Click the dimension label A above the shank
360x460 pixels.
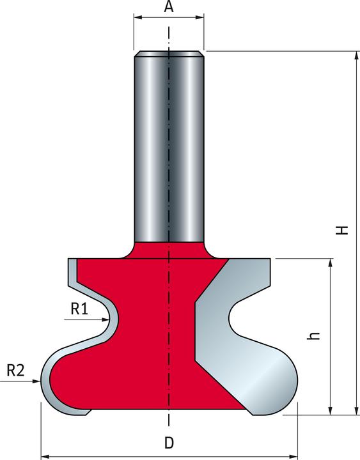[169, 6]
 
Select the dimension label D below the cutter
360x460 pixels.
[169, 443]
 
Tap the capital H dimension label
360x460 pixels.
[342, 230]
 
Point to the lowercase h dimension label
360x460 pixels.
[313, 335]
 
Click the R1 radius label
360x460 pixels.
[79, 309]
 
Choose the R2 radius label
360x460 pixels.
[15, 371]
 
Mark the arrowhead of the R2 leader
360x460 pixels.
[36, 381]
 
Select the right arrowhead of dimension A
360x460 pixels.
[200, 18]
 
